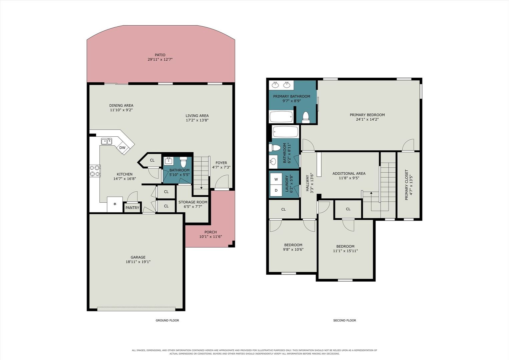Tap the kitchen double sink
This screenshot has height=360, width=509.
pos(107,141)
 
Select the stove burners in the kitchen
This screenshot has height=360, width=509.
pos(95,171)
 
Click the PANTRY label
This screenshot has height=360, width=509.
pos(132,208)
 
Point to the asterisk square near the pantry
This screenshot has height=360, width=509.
pos(115,204)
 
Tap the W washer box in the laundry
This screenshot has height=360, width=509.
pos(276,179)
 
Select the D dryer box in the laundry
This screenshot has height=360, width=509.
pos(276,191)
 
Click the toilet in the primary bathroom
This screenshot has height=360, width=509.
pos(306,117)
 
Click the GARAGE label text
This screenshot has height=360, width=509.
pos(138,257)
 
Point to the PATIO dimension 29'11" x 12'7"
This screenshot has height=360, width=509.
pos(160,60)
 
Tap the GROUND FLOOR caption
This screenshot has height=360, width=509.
pos(167,320)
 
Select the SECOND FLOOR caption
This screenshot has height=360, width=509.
pos(345,320)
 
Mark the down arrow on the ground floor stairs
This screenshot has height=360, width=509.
pos(201,184)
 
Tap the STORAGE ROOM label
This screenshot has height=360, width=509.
pos(193,202)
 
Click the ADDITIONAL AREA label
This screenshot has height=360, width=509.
pos(349,174)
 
